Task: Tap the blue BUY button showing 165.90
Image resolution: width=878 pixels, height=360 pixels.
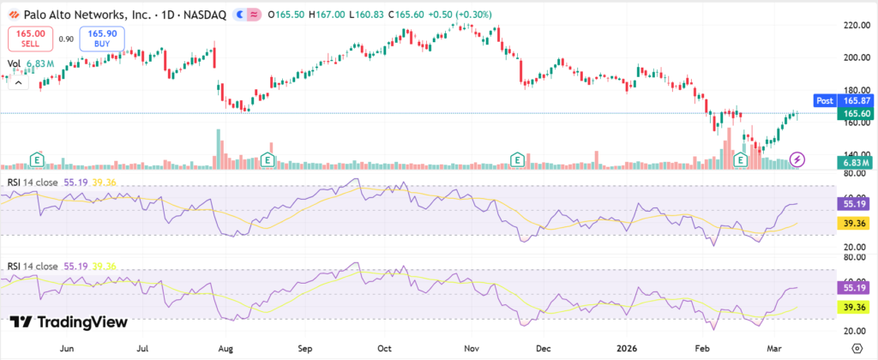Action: [102, 38]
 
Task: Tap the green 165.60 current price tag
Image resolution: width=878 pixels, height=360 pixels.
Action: [857, 114]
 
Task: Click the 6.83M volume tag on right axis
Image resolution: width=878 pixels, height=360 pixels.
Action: [857, 162]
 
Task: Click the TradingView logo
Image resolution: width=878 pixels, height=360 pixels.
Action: [69, 322]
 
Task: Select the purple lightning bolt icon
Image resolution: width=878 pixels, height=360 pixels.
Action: [798, 159]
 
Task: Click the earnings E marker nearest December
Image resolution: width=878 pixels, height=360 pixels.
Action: [517, 159]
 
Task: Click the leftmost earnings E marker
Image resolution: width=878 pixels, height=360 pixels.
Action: [37, 159]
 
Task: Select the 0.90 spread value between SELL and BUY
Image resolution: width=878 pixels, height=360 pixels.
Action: [66, 38]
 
